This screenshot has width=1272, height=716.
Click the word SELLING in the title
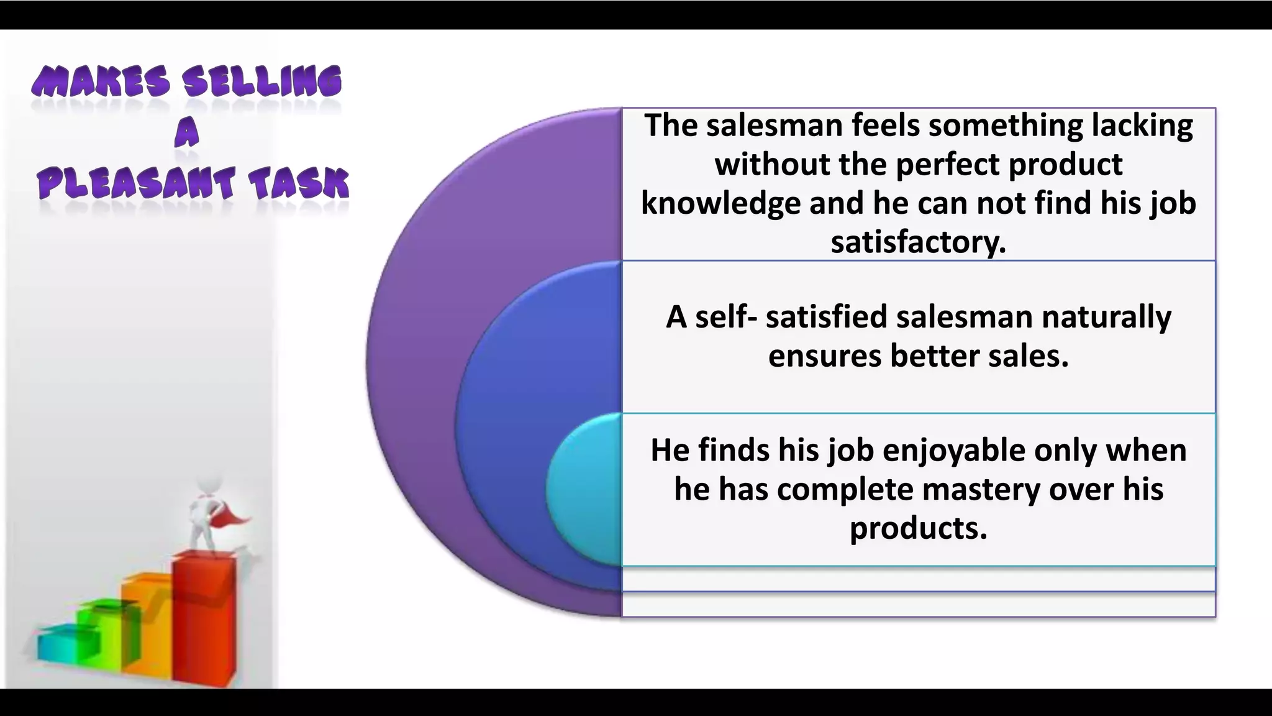point(261,83)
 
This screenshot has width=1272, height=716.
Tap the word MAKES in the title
point(101,83)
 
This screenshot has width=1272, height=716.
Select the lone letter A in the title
point(186,133)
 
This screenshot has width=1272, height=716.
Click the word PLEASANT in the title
point(135,185)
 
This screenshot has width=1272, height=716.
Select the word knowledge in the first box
point(720,203)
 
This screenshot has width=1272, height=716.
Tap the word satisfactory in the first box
point(917,242)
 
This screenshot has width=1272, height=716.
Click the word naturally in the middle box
point(1106,317)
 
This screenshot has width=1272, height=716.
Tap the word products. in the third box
point(918,528)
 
